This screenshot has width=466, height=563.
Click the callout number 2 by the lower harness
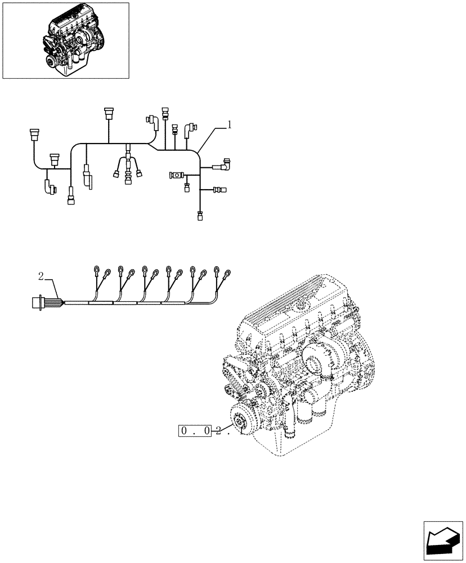point(41,276)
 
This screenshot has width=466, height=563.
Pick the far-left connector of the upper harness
point(33,136)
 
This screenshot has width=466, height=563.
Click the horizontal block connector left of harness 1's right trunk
point(176,176)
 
